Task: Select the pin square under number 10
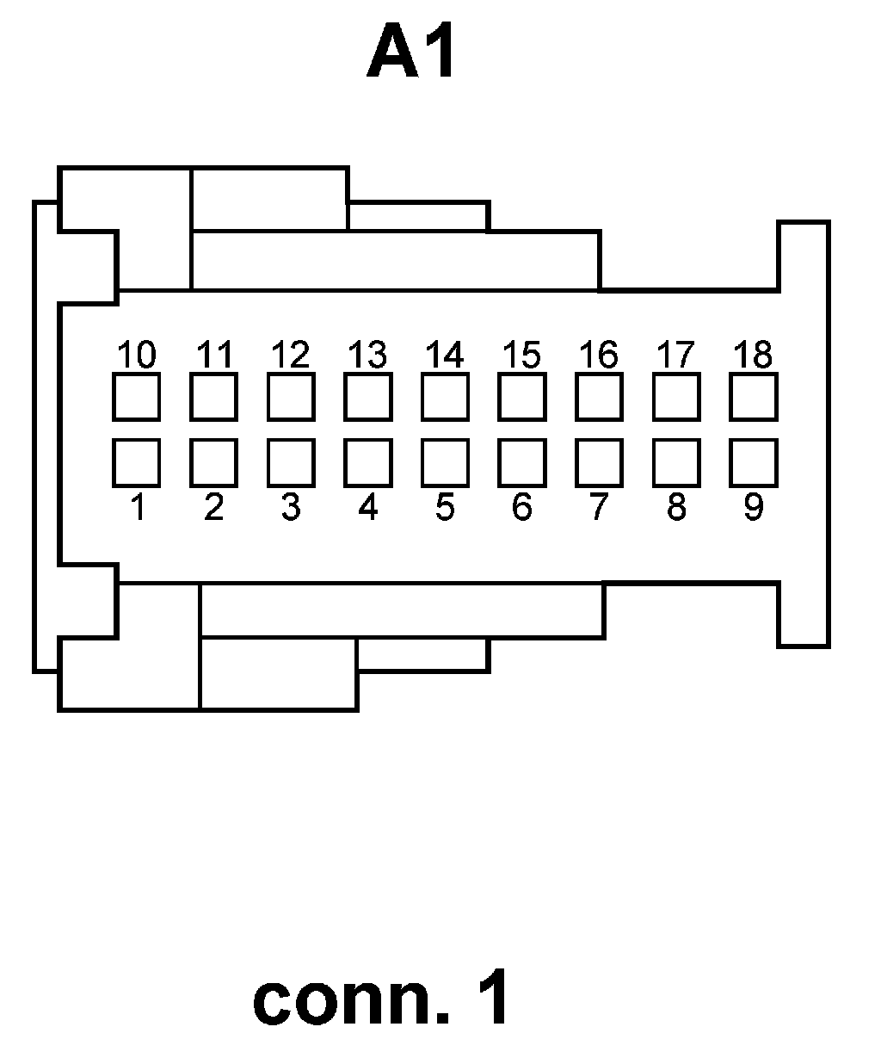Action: click(136, 396)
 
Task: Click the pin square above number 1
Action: click(136, 462)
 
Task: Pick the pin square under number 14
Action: click(445, 396)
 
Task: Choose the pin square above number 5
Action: click(445, 462)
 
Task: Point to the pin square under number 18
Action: click(754, 396)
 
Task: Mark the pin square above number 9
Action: click(754, 462)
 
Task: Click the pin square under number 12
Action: click(291, 396)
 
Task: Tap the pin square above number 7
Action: click(599, 462)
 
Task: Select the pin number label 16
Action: click(599, 354)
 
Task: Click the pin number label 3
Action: click(291, 507)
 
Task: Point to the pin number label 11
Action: click(214, 354)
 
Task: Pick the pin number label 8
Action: click(676, 507)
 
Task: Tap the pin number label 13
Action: click(368, 354)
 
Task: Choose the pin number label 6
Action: click(521, 507)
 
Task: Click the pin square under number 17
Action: click(676, 396)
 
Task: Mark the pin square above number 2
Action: click(214, 462)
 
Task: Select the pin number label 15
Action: click(521, 354)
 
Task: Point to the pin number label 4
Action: click(368, 507)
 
